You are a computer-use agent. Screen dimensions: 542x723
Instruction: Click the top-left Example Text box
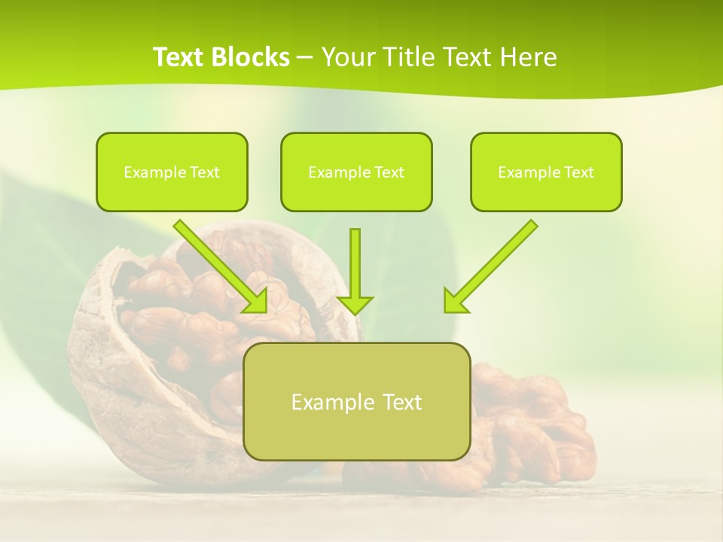[172, 172]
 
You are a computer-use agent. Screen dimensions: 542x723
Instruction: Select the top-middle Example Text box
[356, 172]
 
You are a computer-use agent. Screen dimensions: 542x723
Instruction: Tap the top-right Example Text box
[546, 172]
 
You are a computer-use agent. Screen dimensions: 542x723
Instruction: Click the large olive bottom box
[356, 401]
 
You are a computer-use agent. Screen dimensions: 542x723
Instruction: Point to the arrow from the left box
[218, 264]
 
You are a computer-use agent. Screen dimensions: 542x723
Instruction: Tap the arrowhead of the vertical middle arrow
[355, 304]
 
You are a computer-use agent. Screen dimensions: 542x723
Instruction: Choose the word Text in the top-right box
[579, 172]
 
